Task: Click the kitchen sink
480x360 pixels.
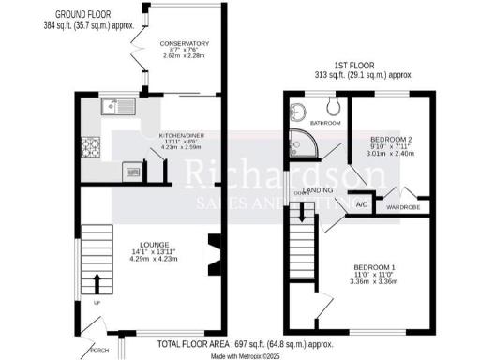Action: pyautogui.click(x=122, y=106)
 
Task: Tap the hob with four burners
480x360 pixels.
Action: pyautogui.click(x=95, y=148)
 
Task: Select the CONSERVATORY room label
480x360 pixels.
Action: pyautogui.click(x=184, y=44)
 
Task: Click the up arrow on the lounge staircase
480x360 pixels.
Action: pyautogui.click(x=97, y=283)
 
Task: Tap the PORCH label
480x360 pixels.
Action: pyautogui.click(x=100, y=349)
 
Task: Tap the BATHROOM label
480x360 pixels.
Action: pyautogui.click(x=325, y=123)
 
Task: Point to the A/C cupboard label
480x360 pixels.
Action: pyautogui.click(x=361, y=203)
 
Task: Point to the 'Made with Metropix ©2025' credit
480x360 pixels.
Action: pyautogui.click(x=246, y=355)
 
